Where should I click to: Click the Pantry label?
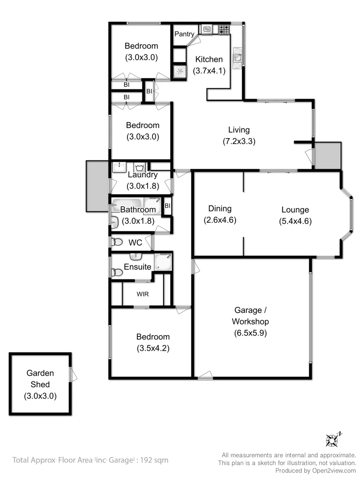184,34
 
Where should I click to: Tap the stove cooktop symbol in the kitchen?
224,29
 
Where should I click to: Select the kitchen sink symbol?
238,57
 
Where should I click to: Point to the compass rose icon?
333,440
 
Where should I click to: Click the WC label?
135,243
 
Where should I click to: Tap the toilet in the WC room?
116,242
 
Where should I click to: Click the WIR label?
143,294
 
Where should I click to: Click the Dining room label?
220,209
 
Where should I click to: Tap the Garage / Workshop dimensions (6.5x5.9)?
250,333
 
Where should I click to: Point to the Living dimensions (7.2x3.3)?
239,142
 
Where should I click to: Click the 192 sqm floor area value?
154,460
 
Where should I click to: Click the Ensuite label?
137,267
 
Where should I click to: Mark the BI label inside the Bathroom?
167,206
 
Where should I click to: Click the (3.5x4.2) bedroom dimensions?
153,348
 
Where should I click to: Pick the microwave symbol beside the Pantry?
207,29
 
